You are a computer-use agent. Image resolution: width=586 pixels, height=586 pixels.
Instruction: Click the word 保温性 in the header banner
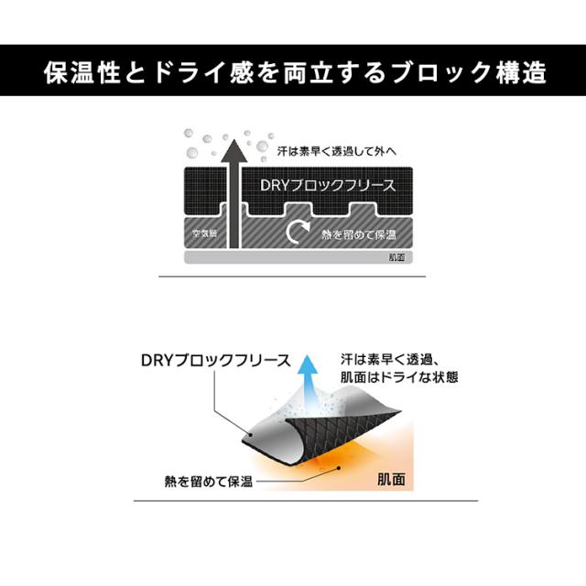pyautogui.click(x=82, y=72)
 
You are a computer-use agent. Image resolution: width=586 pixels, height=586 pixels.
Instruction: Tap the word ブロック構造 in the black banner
pyautogui.click(x=470, y=72)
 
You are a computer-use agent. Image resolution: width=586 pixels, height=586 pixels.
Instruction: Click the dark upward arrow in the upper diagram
pyautogui.click(x=234, y=193)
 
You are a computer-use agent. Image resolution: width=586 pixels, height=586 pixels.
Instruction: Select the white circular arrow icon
pyautogui.click(x=298, y=232)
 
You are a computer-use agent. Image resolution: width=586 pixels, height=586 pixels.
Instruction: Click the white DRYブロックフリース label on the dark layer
pyautogui.click(x=328, y=185)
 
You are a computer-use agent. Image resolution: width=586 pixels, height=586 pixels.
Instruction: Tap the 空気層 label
pyautogui.click(x=204, y=233)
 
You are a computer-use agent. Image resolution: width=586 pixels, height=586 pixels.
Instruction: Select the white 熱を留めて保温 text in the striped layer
pyautogui.click(x=359, y=234)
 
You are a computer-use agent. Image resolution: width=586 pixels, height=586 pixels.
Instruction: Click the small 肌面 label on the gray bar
pyautogui.click(x=396, y=257)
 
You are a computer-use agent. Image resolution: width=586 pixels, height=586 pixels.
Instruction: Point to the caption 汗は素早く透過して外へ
pyautogui.click(x=337, y=151)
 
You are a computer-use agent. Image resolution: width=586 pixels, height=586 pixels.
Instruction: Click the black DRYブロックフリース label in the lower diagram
pyautogui.click(x=216, y=360)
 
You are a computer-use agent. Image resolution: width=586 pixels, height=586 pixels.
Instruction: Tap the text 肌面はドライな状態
pyautogui.click(x=399, y=377)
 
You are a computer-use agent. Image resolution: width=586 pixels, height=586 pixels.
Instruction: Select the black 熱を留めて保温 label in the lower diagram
pyautogui.click(x=209, y=482)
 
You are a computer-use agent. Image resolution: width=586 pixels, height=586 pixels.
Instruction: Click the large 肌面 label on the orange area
pyautogui.click(x=391, y=479)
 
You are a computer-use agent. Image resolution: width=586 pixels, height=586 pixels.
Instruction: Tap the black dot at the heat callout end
pyautogui.click(x=339, y=468)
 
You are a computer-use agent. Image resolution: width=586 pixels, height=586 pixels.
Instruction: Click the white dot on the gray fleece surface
pyautogui.click(x=251, y=435)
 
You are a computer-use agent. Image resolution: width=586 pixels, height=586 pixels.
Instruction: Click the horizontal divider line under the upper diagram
pyautogui.click(x=292, y=277)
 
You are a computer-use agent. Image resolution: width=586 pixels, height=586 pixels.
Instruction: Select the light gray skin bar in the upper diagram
pyautogui.click(x=298, y=257)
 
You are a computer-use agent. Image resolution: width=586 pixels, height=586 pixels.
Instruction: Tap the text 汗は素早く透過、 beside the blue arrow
pyautogui.click(x=388, y=360)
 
